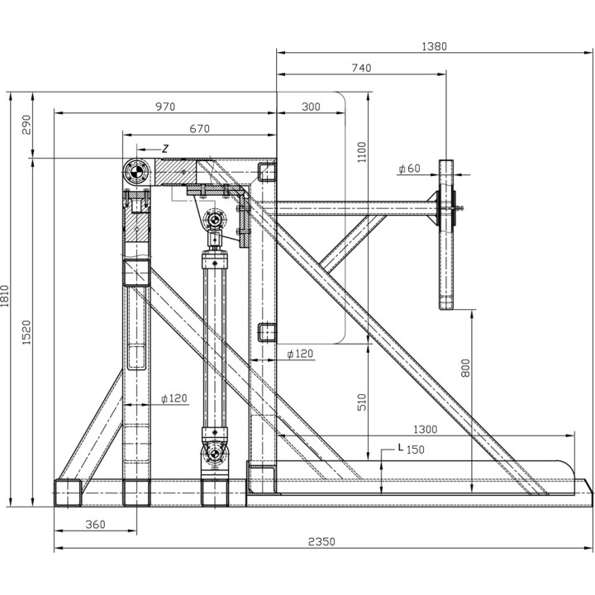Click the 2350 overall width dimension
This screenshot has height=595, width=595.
[321, 541]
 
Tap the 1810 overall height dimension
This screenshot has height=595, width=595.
[5, 296]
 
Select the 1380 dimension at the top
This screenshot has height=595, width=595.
[435, 46]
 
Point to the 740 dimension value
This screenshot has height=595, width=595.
[361, 68]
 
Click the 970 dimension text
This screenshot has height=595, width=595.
[165, 107]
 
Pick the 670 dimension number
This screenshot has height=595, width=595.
[200, 129]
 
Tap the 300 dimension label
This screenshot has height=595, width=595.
[311, 107]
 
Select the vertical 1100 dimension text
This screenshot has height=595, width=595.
[362, 152]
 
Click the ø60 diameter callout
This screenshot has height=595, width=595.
[410, 168]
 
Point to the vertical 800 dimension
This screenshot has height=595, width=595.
[465, 368]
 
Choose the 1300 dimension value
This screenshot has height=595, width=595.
[425, 430]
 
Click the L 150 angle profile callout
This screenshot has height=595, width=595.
[411, 449]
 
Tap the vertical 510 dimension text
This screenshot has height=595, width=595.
[362, 402]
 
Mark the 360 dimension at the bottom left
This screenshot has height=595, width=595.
[95, 525]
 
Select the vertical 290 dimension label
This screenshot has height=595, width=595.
[27, 125]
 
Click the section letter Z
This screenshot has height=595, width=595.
[164, 149]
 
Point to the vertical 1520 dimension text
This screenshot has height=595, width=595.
[27, 332]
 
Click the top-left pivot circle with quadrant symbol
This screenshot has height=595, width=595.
[135, 171]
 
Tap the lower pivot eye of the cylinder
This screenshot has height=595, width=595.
[215, 454]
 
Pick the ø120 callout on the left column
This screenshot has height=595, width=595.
[174, 398]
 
